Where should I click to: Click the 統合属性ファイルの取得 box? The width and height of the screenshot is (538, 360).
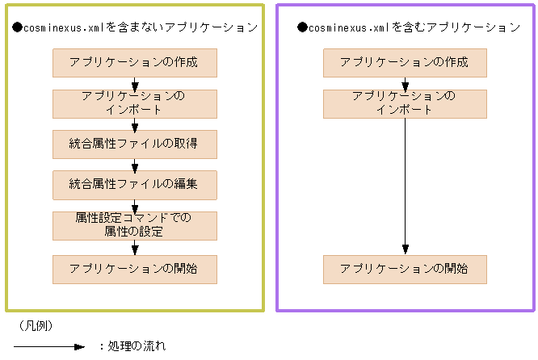(x=135, y=144)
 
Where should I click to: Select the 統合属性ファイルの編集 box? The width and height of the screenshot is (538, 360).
(x=135, y=185)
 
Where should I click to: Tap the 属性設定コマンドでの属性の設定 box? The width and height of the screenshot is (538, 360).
(x=135, y=226)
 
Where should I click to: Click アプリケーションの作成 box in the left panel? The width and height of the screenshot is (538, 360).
(x=135, y=63)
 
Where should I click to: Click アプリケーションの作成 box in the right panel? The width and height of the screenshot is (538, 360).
(x=406, y=63)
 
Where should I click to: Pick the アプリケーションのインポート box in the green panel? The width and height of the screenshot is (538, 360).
(x=135, y=103)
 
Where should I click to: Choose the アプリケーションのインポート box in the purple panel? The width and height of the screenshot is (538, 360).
(x=406, y=103)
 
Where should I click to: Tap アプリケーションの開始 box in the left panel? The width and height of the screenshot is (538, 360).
(x=135, y=269)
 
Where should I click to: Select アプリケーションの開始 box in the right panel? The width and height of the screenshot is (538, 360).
(x=406, y=269)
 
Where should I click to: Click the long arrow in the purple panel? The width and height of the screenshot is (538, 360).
(x=406, y=186)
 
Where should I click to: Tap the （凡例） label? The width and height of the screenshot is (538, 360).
(x=35, y=326)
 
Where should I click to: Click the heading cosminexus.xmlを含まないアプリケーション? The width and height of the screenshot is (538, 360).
(x=141, y=27)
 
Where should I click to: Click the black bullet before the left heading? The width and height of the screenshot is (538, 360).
(x=18, y=27)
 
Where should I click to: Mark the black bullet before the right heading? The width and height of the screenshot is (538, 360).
(x=303, y=27)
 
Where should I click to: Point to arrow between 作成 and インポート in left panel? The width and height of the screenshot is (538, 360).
(x=135, y=83)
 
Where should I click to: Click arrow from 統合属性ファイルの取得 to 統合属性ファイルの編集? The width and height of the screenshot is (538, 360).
(x=135, y=165)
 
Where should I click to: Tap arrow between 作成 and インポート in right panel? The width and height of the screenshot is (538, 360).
(x=406, y=83)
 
